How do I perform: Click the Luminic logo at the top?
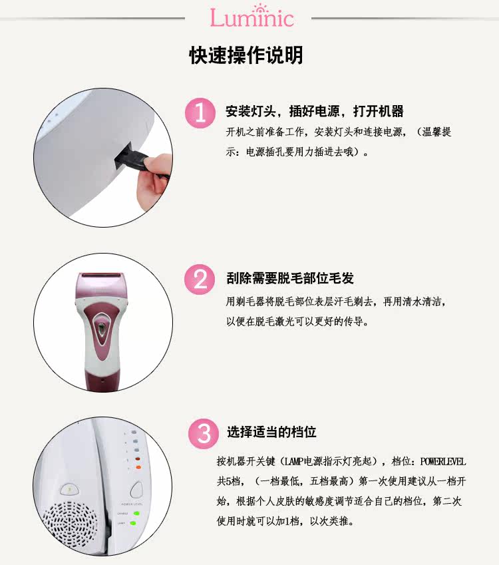click(252, 16)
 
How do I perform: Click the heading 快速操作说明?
click(246, 55)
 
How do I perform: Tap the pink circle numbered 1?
click(200, 112)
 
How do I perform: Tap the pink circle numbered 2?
click(200, 280)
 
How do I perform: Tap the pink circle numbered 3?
click(204, 433)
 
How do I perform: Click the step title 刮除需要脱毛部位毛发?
click(290, 278)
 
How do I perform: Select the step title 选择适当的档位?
click(271, 432)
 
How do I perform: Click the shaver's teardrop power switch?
click(102, 328)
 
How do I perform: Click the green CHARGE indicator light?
click(136, 514)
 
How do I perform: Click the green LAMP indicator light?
click(132, 523)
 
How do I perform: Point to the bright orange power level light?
click(138, 467)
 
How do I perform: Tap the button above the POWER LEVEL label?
click(136, 490)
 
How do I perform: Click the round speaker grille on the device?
click(71, 521)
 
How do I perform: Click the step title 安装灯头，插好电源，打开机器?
click(315, 111)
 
